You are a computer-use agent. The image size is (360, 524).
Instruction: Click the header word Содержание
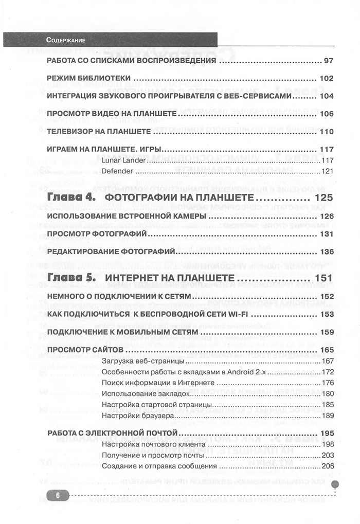[x=65, y=40]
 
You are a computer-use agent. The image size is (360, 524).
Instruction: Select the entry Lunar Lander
[x=123, y=160]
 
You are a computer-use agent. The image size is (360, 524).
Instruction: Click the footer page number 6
[x=58, y=495]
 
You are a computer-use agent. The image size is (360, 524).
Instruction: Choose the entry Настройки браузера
[x=133, y=415]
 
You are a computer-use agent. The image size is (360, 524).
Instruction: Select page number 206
[x=328, y=466]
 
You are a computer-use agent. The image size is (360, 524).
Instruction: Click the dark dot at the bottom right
[x=335, y=484]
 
